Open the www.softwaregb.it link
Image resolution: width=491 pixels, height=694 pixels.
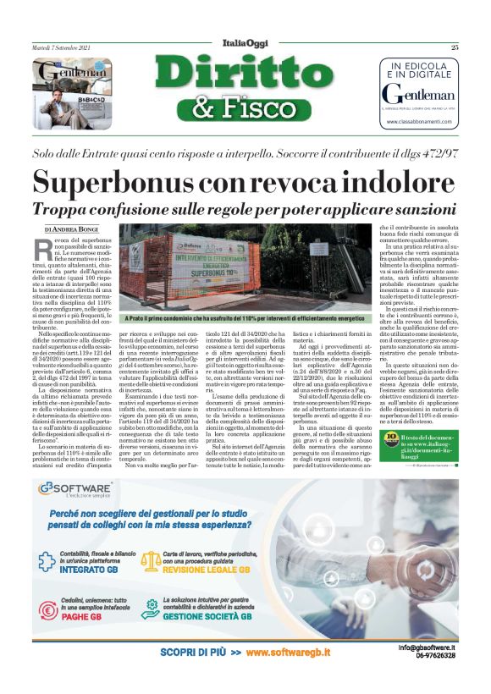click(288, 653)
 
